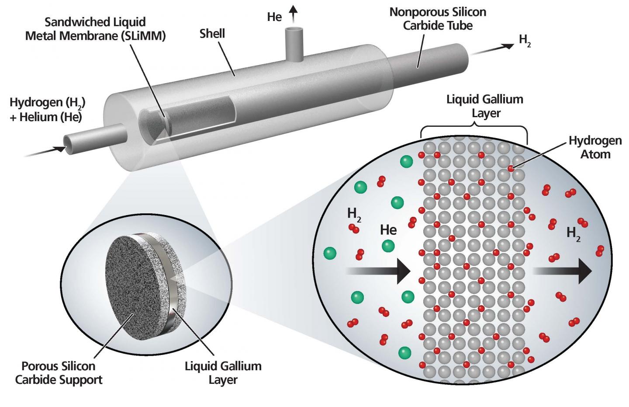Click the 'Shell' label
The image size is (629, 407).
(212, 33)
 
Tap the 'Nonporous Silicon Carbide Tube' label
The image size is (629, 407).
(438, 18)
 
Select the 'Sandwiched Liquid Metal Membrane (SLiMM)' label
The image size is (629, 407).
(95, 29)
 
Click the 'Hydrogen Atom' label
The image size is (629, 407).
(595, 147)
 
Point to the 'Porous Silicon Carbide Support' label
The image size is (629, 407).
(59, 372)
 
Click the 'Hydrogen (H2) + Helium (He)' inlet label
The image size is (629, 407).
(47, 109)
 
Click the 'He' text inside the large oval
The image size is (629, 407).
(388, 230)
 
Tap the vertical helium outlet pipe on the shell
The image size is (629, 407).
(294, 44)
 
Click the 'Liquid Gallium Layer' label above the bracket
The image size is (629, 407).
(484, 106)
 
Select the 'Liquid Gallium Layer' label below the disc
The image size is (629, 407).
(223, 372)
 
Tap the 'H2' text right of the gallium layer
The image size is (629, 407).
(573, 233)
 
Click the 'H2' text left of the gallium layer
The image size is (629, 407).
(354, 214)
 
